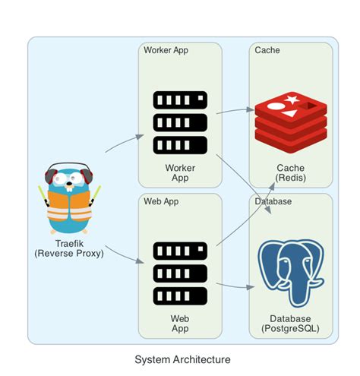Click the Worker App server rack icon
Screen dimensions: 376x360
(x=180, y=122)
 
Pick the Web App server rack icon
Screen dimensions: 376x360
(x=180, y=273)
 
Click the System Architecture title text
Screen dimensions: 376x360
(x=182, y=359)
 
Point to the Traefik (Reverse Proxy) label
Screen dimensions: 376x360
(x=69, y=248)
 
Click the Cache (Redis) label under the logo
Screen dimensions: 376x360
(x=290, y=172)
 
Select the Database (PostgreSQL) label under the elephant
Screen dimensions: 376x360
(x=290, y=323)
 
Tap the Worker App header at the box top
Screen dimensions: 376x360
(x=166, y=50)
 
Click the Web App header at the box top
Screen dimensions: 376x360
(x=161, y=201)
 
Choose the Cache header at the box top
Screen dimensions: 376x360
(x=267, y=50)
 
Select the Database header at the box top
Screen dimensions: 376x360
(x=274, y=201)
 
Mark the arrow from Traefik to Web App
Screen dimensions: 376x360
(x=122, y=254)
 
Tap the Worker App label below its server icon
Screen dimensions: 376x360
(x=180, y=172)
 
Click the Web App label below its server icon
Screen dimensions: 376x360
(x=180, y=323)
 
